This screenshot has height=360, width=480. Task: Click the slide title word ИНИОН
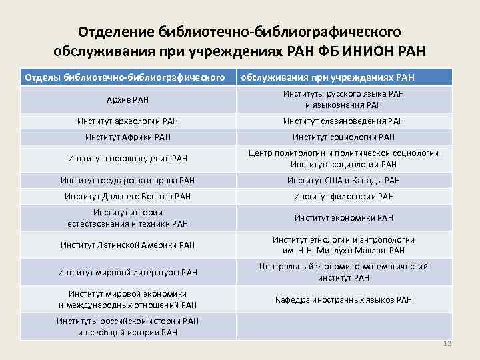click(369, 51)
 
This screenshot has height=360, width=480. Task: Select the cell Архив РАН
click(127, 100)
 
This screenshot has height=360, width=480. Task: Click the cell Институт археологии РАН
click(127, 121)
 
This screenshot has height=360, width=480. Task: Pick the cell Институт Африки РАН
click(127, 137)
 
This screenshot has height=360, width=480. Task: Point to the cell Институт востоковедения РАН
click(127, 159)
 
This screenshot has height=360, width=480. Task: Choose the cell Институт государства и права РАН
click(127, 180)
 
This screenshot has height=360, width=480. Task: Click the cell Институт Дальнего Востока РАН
click(127, 196)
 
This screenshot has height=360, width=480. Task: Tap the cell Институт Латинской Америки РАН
click(127, 245)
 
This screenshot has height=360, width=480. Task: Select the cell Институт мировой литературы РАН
click(127, 272)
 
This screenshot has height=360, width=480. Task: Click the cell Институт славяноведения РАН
click(343, 121)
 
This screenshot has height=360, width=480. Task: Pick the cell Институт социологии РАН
click(343, 137)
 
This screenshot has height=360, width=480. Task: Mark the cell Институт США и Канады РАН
click(343, 180)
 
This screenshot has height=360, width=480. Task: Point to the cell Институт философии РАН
click(343, 196)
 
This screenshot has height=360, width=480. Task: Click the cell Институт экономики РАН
click(343, 217)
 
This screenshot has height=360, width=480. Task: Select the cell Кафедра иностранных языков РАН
click(343, 299)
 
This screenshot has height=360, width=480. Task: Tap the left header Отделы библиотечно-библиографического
click(123, 78)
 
